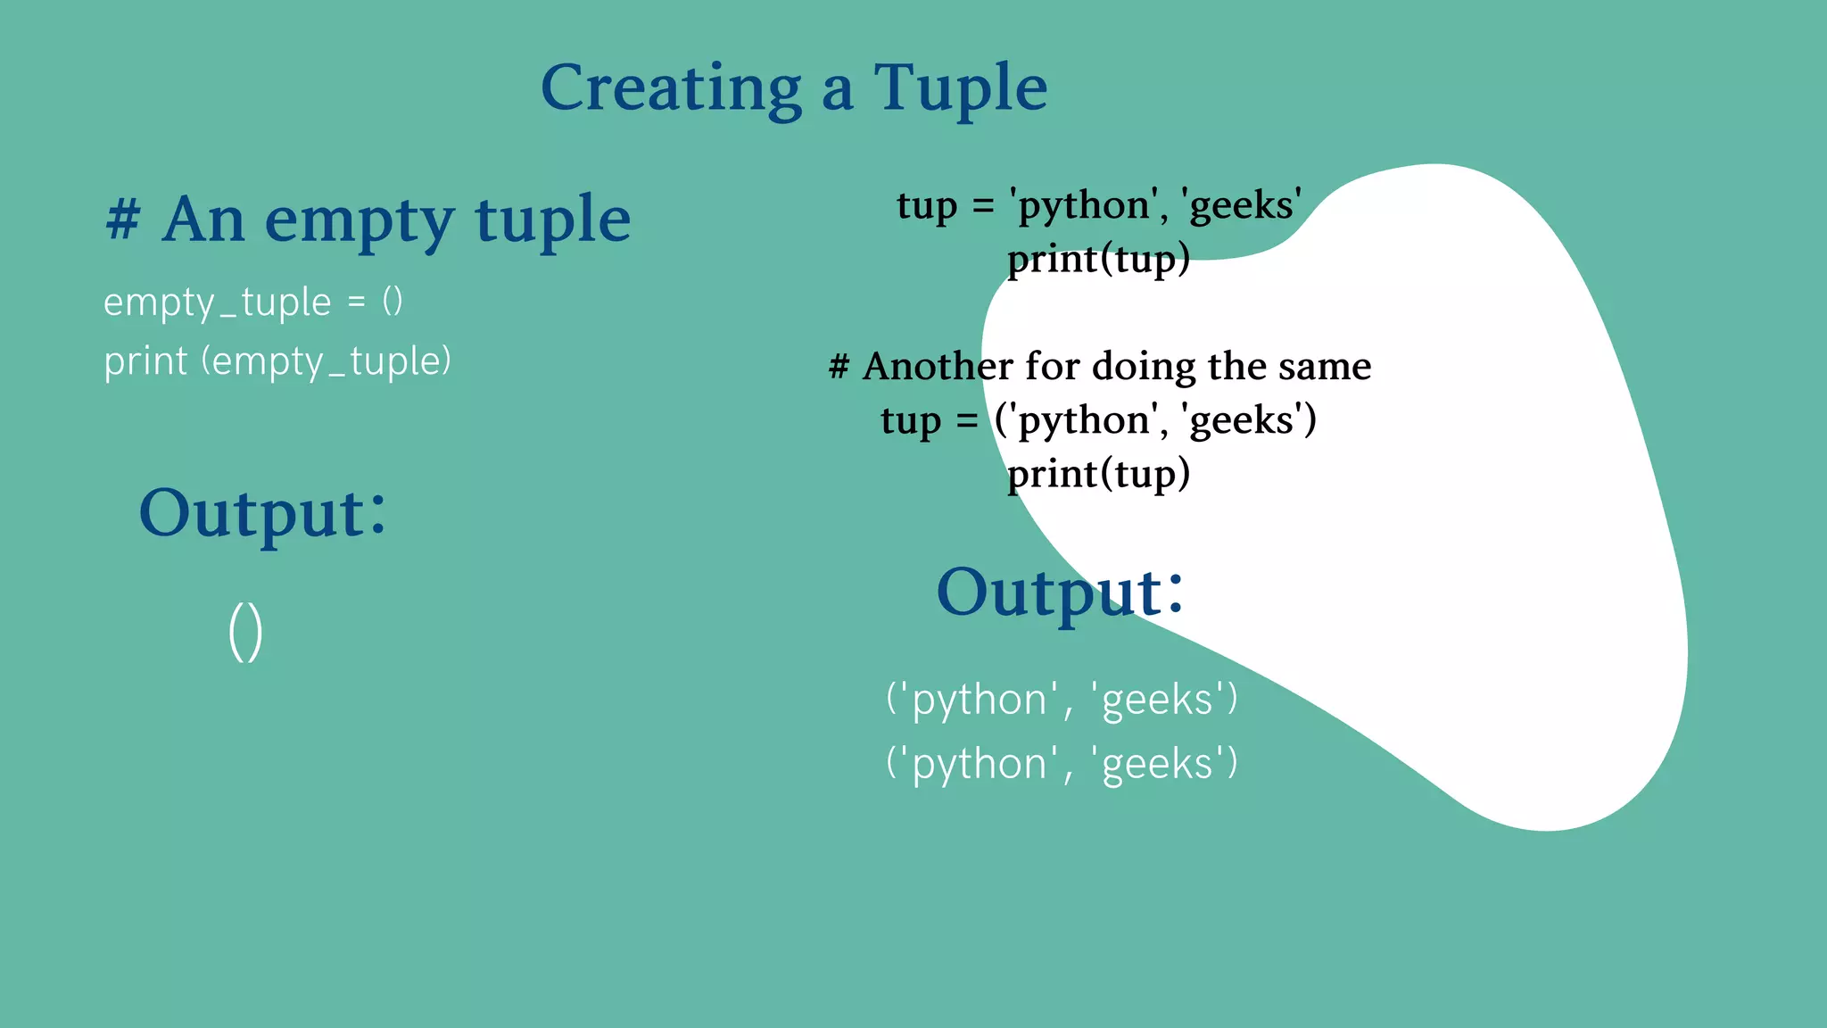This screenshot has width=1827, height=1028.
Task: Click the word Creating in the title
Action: (x=671, y=88)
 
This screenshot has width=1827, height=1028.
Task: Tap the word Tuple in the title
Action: (x=960, y=88)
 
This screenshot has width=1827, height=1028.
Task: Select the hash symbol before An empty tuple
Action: (x=123, y=219)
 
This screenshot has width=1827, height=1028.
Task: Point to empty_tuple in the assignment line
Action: (x=218, y=303)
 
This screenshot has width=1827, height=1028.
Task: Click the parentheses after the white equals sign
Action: (x=393, y=302)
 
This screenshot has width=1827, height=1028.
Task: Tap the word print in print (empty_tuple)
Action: (x=145, y=362)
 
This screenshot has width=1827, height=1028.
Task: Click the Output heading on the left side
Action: (x=262, y=514)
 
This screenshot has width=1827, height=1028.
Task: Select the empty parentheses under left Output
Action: (x=245, y=632)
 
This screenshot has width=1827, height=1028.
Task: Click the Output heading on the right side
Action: (x=1060, y=593)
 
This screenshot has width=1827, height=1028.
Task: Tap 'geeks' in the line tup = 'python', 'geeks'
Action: (x=1242, y=205)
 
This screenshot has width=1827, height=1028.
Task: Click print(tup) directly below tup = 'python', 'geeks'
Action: (x=1098, y=260)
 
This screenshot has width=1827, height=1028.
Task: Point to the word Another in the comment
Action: (x=938, y=367)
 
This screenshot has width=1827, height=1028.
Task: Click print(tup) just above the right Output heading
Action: (x=1098, y=474)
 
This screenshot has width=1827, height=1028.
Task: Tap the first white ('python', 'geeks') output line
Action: (x=1062, y=699)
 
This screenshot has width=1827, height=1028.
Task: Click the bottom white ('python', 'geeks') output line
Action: (x=1062, y=764)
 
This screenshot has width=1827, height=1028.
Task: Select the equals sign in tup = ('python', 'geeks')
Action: (x=967, y=420)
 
